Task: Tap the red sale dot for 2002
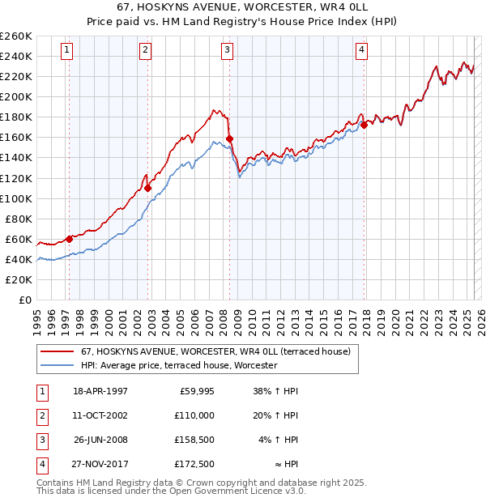click(148, 188)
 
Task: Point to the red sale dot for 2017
click(364, 125)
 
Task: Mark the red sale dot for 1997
click(70, 239)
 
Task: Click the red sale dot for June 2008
click(230, 138)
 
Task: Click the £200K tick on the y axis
click(16, 96)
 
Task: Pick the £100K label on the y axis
click(16, 198)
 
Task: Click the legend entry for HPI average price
click(179, 365)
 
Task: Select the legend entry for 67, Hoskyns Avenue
click(215, 351)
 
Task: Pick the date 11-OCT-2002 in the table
click(100, 415)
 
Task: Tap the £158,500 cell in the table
click(195, 440)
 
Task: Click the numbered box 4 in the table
click(40, 465)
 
